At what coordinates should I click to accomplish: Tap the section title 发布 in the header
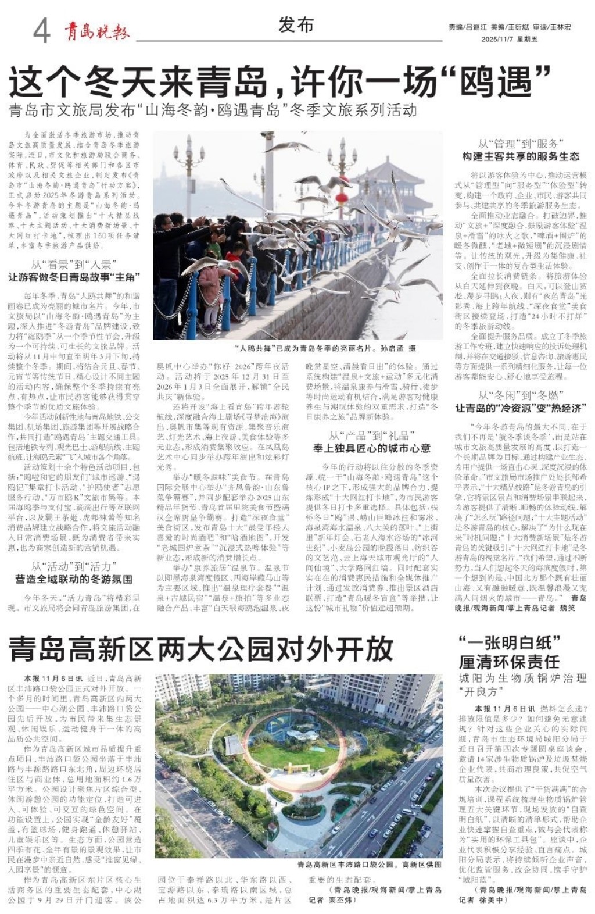click(x=296, y=25)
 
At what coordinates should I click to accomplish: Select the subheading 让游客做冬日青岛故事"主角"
click(x=74, y=277)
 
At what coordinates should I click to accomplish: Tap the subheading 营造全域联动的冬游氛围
click(x=74, y=579)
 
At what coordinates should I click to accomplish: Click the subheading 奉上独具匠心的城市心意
click(x=372, y=448)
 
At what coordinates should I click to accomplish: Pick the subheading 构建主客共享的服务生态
click(x=521, y=156)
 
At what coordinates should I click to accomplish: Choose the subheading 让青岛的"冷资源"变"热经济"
click(x=521, y=408)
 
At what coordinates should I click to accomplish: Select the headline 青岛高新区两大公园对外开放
click(x=201, y=649)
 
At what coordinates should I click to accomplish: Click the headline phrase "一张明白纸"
click(x=509, y=643)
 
